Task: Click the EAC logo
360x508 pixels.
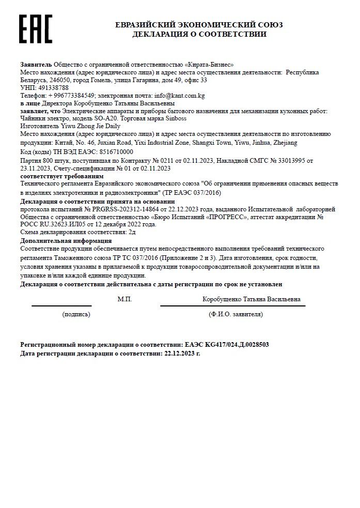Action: (36, 29)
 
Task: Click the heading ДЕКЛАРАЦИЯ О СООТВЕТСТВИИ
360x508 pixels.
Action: (199, 35)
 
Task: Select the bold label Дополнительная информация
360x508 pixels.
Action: (57, 241)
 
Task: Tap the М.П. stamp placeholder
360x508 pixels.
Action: (124, 299)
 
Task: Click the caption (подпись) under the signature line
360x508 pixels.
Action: (76, 314)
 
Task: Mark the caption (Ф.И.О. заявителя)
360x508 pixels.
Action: (236, 314)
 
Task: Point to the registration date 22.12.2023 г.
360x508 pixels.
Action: (182, 353)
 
